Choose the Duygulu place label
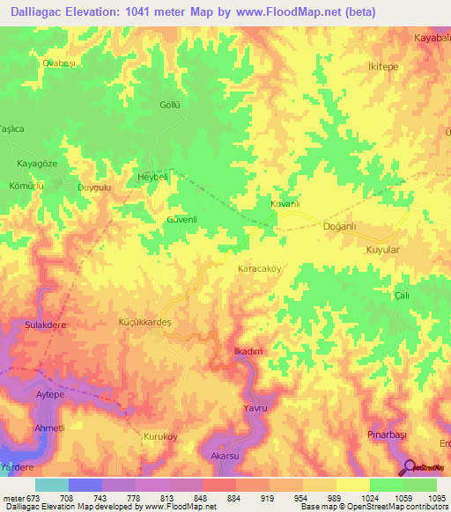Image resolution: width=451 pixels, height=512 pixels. (94, 187)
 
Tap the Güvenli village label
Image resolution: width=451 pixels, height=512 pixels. (181, 219)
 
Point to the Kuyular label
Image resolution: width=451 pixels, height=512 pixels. (382, 251)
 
